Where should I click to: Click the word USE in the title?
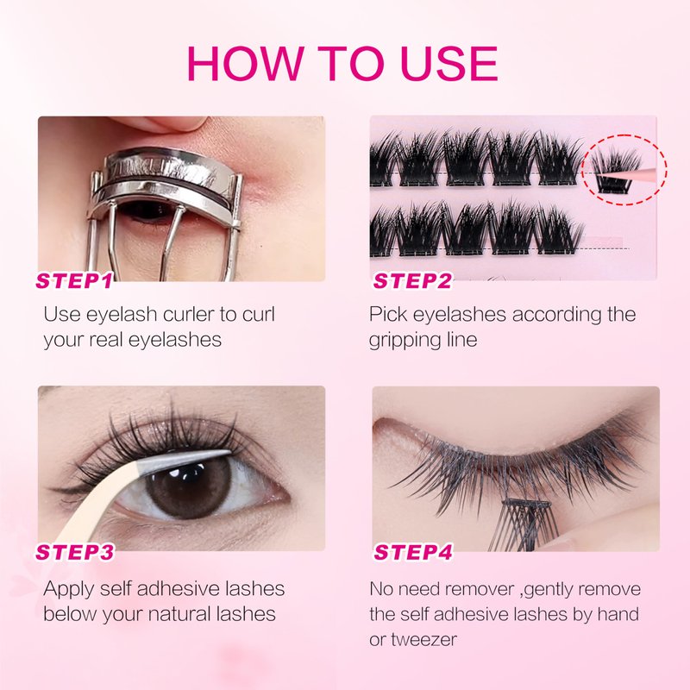coord(448,63)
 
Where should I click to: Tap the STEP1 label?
coord(74,281)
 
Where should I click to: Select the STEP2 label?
coord(412,281)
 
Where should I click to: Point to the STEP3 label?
coord(75,552)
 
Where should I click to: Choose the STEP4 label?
coord(413,552)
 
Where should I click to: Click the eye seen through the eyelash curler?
coord(147,211)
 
